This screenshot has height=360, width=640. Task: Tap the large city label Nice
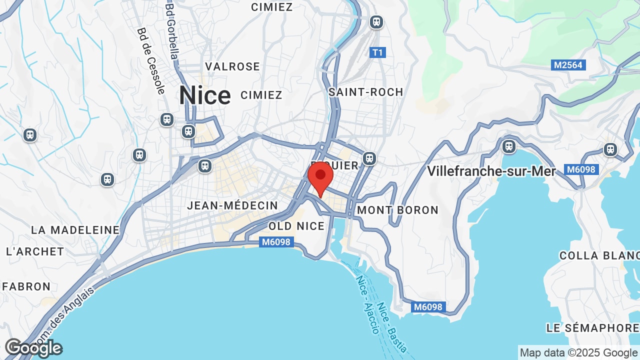[205, 95]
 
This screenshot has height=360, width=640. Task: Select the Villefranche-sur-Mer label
[491, 171]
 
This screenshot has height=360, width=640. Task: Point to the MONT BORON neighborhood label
[397, 210]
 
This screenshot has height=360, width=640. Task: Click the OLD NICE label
[296, 226]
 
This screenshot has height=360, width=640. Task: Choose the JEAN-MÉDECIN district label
[232, 205]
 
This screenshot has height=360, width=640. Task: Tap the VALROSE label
[232, 66]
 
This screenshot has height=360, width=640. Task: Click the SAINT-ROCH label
[365, 92]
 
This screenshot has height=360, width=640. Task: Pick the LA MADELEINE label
[75, 230]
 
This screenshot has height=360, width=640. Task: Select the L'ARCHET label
[35, 251]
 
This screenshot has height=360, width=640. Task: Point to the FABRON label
[26, 286]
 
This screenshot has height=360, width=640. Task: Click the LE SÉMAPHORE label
[592, 328]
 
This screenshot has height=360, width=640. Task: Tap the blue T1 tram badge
[377, 52]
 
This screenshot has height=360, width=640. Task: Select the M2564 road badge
[569, 65]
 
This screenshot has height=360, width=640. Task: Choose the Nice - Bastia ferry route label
[392, 327]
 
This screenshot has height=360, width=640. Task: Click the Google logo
[33, 348]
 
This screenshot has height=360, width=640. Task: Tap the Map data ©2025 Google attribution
[578, 352]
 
